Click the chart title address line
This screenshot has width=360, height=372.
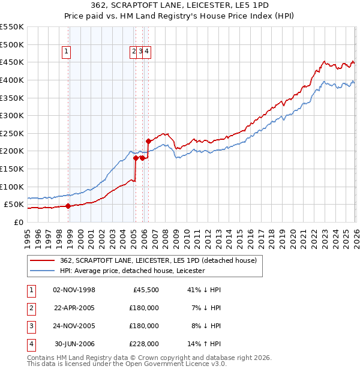[180, 5]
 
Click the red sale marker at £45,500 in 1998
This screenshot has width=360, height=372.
[68, 206]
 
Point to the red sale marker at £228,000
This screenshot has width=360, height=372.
[148, 141]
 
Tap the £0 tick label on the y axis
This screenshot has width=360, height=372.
[17, 222]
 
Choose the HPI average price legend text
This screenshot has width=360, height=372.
[132, 271]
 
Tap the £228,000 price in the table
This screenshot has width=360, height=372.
[144, 344]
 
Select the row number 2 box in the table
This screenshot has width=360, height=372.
[30, 308]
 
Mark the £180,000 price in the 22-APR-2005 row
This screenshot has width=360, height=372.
[144, 308]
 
